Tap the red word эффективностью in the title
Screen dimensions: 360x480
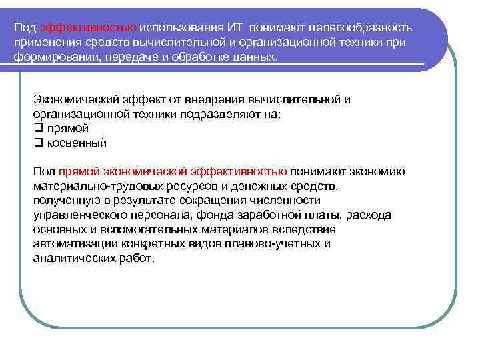pos(89,28)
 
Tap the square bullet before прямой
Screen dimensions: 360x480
pos(38,128)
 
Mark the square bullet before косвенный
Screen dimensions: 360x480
pos(38,143)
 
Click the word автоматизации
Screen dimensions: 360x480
pos(73,243)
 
